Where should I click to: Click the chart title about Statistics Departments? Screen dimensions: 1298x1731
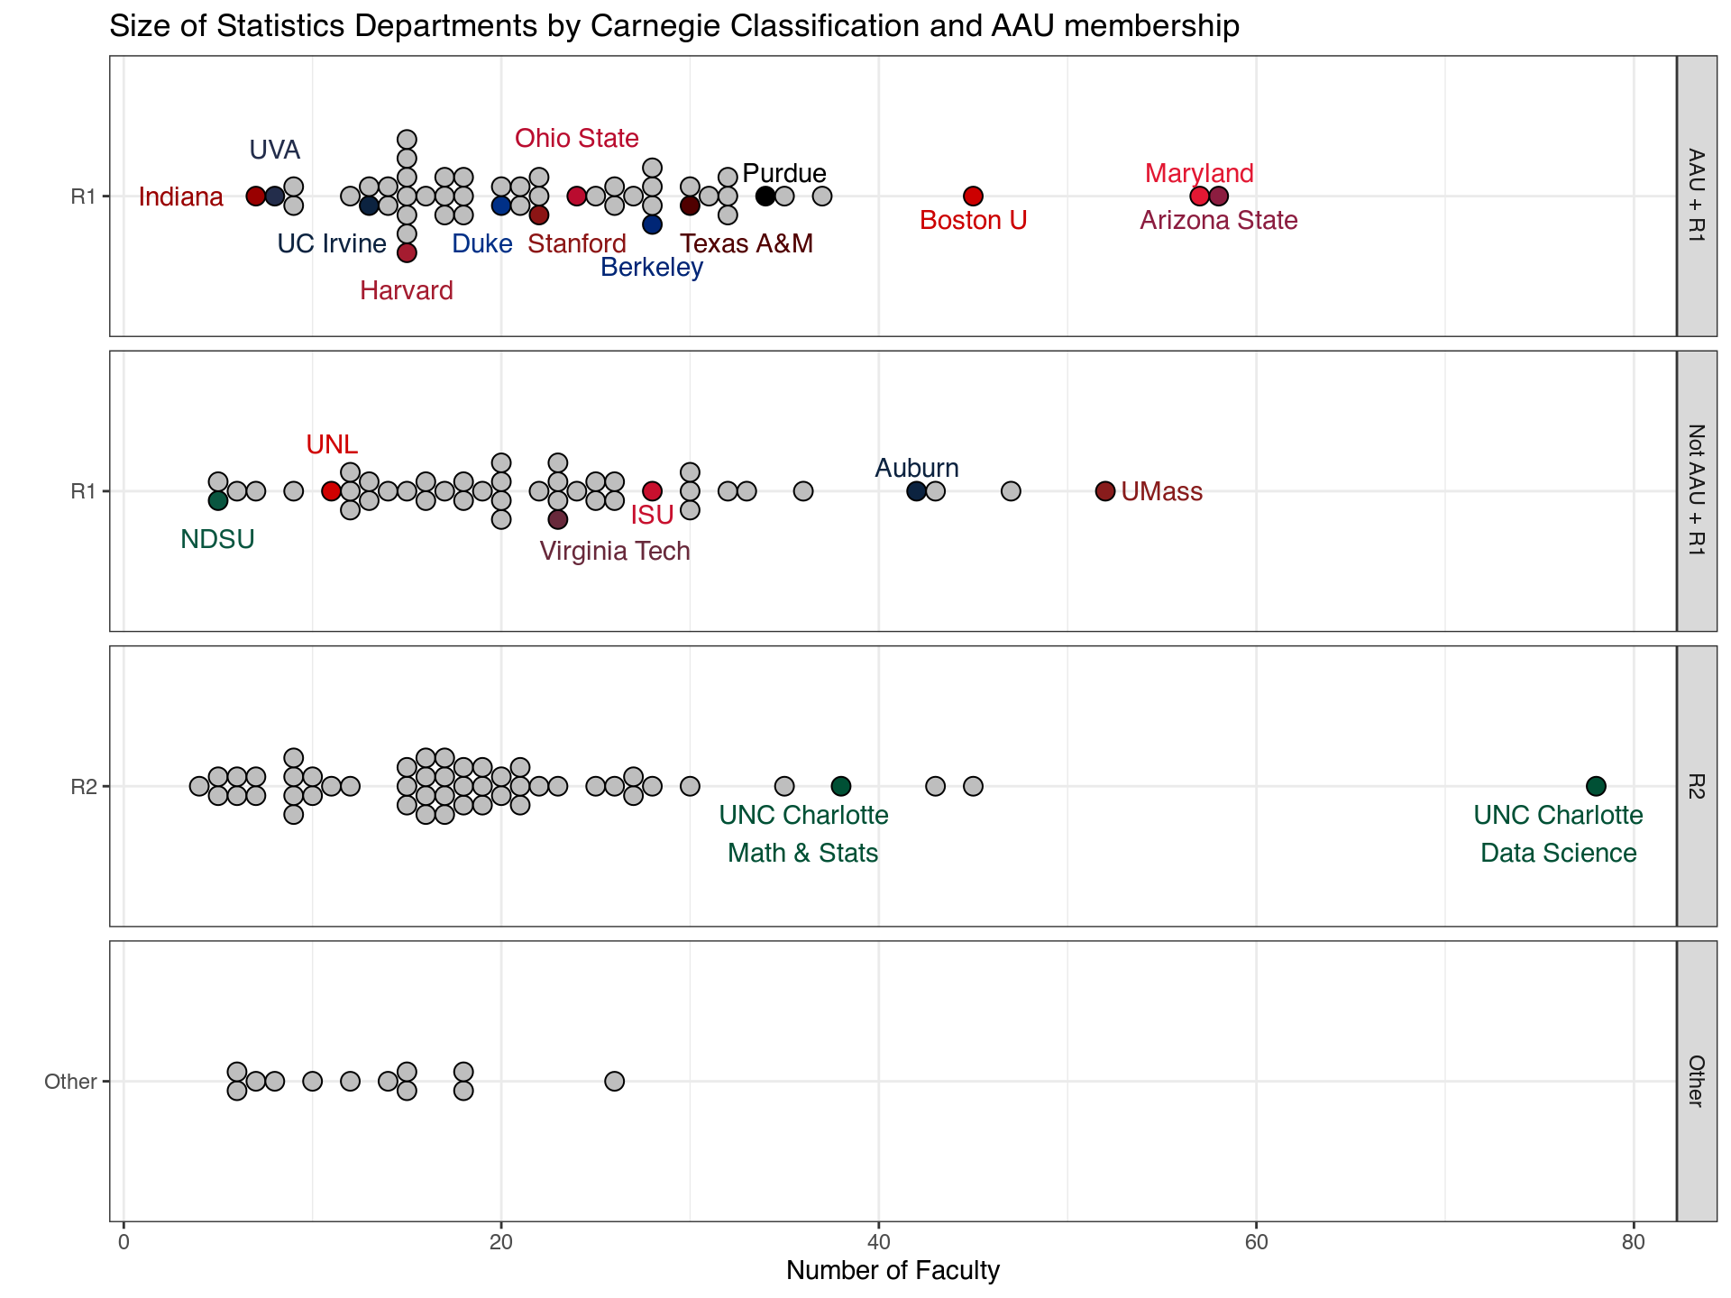click(673, 26)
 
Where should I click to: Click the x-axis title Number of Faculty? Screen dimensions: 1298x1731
click(893, 1271)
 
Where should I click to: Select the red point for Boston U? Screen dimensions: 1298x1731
click(973, 196)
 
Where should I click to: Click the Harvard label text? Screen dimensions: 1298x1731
click(407, 290)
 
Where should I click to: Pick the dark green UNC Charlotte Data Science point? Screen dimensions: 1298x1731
click(1596, 786)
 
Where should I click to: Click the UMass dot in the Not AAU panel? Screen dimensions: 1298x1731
click(1105, 491)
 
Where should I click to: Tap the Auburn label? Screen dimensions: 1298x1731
click(917, 468)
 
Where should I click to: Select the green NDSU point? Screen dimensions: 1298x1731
click(217, 500)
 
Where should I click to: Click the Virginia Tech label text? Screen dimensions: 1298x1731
click(615, 551)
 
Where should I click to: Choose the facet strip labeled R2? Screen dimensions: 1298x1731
click(1696, 786)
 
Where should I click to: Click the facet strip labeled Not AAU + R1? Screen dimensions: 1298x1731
click(1696, 490)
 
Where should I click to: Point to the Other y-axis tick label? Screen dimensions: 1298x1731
click(70, 1082)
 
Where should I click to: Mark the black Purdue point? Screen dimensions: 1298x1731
click(765, 196)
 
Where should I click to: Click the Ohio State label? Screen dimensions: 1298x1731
click(577, 138)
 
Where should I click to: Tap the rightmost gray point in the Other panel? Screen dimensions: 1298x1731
click(614, 1081)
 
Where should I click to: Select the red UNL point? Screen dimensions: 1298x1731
click(331, 491)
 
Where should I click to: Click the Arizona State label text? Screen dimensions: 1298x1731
click(1219, 220)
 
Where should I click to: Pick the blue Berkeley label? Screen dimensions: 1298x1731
click(652, 267)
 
